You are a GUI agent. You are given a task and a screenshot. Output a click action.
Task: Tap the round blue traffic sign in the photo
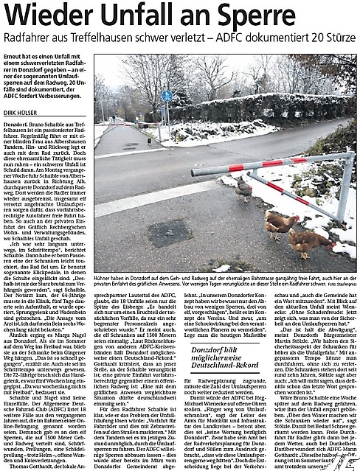(x=165, y=95)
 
